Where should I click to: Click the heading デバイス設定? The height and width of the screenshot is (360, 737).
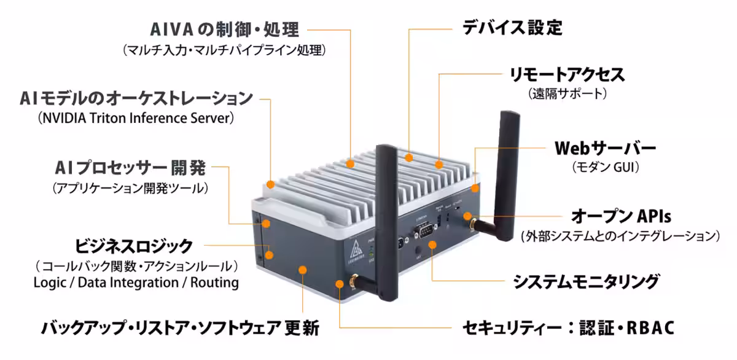pyautogui.click(x=511, y=28)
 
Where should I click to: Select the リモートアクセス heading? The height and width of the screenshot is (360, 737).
pyautogui.click(x=567, y=75)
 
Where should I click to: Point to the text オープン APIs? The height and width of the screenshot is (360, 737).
pyautogui.click(x=620, y=216)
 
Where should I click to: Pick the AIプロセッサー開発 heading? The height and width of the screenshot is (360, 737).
pyautogui.click(x=130, y=167)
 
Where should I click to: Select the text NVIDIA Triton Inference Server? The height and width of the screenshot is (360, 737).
pyautogui.click(x=136, y=117)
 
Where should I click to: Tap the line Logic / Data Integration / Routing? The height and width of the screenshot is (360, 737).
pyautogui.click(x=136, y=283)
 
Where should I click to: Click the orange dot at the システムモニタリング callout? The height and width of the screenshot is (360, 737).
pyautogui.click(x=433, y=245)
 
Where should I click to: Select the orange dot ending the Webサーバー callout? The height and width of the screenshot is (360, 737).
pyautogui.click(x=475, y=188)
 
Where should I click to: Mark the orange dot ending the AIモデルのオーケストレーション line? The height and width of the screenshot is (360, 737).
pyautogui.click(x=271, y=184)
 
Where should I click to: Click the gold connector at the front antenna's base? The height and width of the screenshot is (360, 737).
pyautogui.click(x=339, y=283)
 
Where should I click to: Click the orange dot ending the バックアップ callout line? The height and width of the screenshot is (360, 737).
pyautogui.click(x=303, y=269)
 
